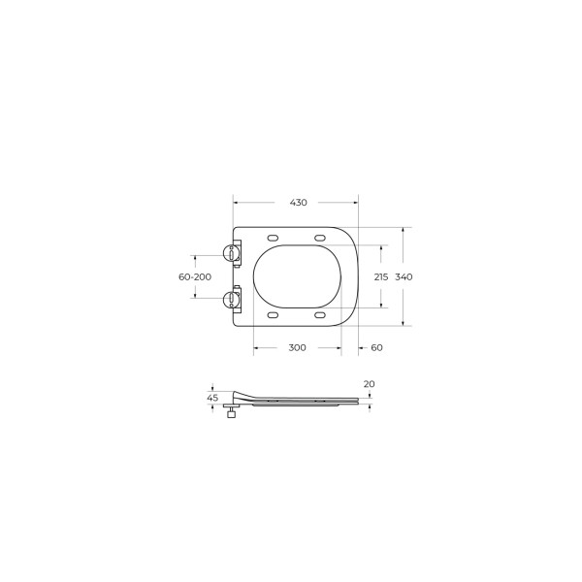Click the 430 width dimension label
[x=298, y=203]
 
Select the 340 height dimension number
[x=404, y=277]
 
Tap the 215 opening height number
[x=381, y=277]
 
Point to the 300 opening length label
[x=297, y=347]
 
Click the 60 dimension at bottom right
[x=376, y=347]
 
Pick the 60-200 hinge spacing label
[x=195, y=277]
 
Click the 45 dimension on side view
[x=212, y=398]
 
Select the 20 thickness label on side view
[x=369, y=384]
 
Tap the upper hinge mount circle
[x=233, y=254]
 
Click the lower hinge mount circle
[x=233, y=298]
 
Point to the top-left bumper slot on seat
[x=273, y=238]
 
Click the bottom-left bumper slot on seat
[x=273, y=316]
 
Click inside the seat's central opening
[x=297, y=277]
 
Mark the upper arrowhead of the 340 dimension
[x=404, y=230]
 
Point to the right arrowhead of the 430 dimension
[x=355, y=203]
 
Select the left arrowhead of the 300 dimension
[x=256, y=347]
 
